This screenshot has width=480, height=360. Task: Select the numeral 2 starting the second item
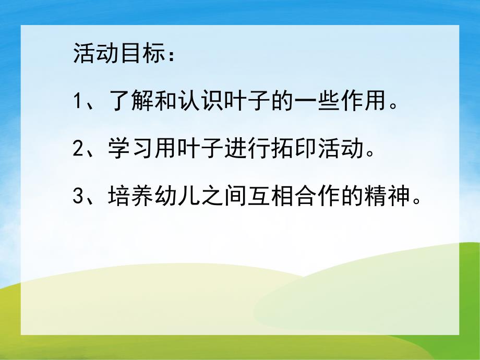click(x=79, y=150)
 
